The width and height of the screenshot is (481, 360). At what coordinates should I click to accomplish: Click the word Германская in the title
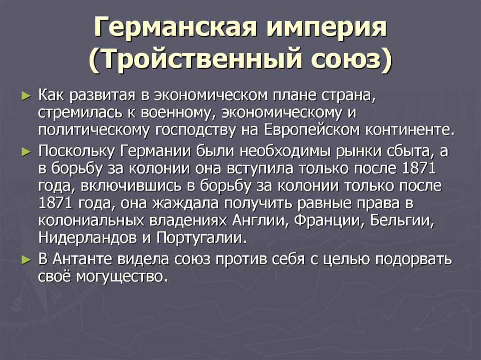[x=175, y=27]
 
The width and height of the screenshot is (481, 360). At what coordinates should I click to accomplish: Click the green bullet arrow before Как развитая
[x=26, y=96]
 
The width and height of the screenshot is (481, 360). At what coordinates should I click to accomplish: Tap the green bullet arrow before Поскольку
[x=26, y=152]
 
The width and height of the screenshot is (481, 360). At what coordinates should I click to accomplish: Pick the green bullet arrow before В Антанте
[x=26, y=260]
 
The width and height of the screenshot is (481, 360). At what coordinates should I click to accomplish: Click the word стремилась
[x=80, y=113]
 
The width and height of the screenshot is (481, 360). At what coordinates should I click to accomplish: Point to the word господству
[x=195, y=130]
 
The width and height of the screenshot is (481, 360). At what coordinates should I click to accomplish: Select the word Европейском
[x=312, y=130]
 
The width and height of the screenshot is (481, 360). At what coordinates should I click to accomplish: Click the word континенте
[x=410, y=130]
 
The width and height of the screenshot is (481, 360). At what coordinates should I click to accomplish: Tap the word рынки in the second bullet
[x=358, y=151]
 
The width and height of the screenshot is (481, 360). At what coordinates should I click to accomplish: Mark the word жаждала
[x=185, y=204]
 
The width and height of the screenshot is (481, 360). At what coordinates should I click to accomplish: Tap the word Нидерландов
[x=88, y=238]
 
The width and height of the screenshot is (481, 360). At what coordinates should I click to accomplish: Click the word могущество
[x=122, y=277]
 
